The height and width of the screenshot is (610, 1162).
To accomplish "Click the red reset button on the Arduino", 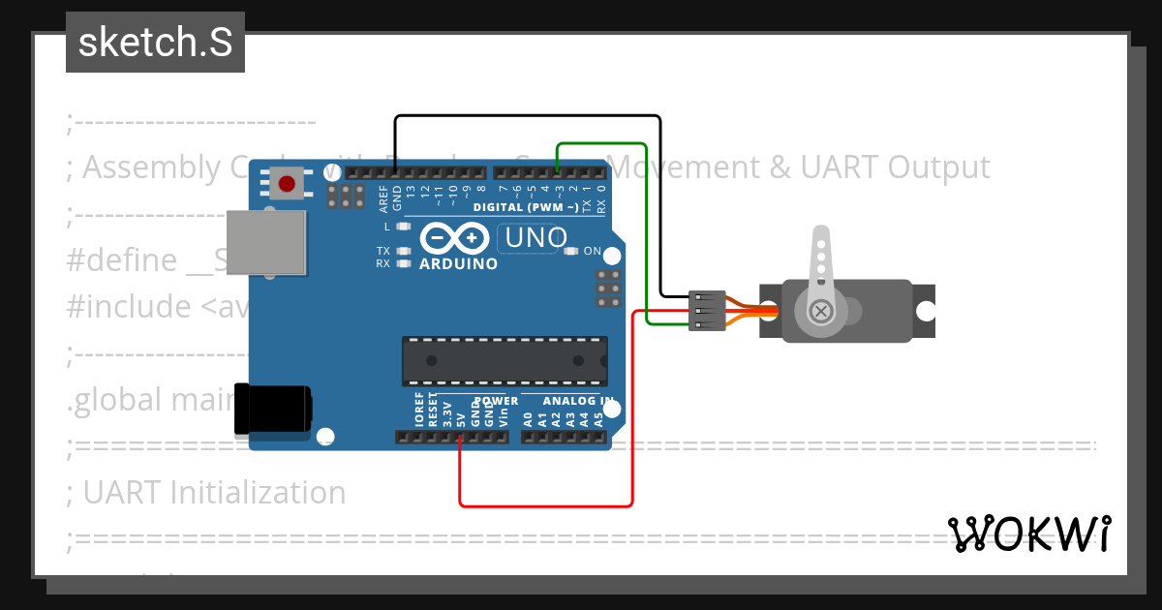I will point(286,182).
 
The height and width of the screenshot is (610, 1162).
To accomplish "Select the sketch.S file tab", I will point(155,43).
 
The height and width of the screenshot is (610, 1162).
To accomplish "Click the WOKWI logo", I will point(1028,534).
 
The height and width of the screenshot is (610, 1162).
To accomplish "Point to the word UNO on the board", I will point(534,236).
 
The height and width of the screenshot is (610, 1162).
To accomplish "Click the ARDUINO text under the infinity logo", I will point(458,263).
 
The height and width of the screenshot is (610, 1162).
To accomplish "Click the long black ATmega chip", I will point(505,360).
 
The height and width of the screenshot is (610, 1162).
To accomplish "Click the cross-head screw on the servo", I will point(821,311).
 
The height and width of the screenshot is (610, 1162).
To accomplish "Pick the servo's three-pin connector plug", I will point(706,311).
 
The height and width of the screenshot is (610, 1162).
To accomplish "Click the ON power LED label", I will point(593,252).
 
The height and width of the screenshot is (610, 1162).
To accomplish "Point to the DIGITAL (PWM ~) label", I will point(526,207).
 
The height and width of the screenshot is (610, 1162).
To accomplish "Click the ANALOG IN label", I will point(578,401).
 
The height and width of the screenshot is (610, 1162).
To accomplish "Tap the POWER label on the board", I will point(497,401).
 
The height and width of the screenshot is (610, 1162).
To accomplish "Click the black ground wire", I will point(528,117).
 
